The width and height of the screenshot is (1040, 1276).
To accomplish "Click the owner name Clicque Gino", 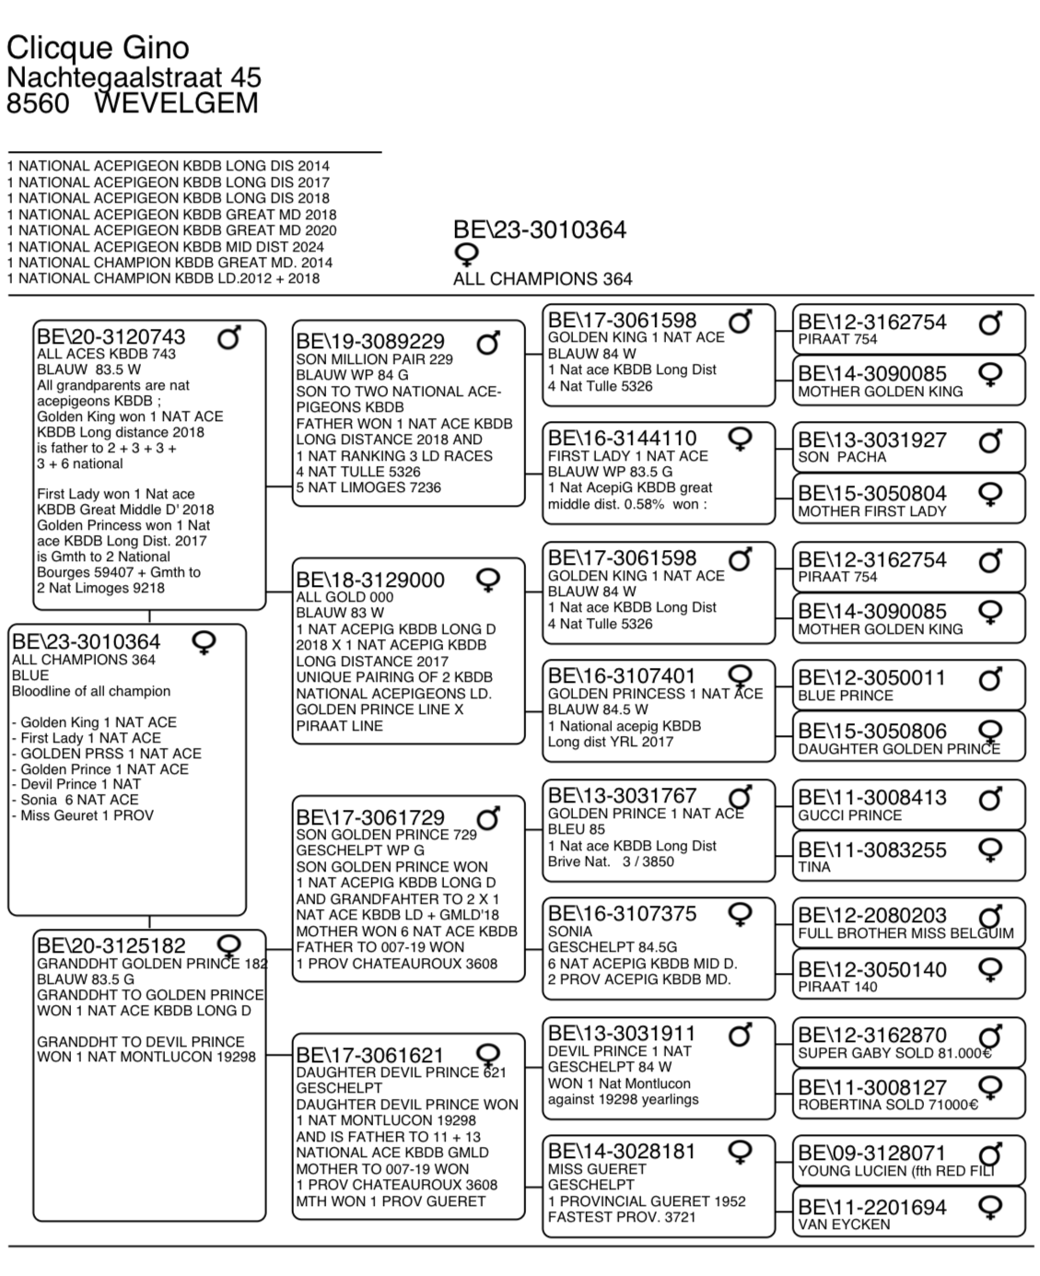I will pos(98,47).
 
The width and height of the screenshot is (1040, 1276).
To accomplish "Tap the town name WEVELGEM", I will pos(176,102).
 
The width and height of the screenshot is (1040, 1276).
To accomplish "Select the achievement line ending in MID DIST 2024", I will pos(166,246).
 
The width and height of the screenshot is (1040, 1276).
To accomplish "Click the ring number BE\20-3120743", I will pos(111,336).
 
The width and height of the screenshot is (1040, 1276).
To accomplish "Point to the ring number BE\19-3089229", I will pos(370,342).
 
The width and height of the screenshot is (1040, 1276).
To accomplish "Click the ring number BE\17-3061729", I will pos(370,817).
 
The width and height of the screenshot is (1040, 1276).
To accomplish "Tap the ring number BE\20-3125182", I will pos(111,945).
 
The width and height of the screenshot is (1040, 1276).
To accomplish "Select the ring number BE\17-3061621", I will pos(370,1055).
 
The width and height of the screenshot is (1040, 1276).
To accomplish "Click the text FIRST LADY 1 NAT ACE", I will pos(628,456).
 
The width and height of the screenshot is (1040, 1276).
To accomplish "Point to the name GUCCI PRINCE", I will pos(849,815).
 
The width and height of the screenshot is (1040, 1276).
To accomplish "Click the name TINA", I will pos(814,867).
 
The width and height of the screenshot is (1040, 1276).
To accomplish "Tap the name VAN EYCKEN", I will pos(844,1224).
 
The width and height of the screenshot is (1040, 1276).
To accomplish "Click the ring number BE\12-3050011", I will pos(872,678).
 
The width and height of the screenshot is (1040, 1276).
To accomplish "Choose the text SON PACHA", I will pos(842,457).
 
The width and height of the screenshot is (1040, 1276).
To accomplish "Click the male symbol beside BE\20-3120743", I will pos(228,338).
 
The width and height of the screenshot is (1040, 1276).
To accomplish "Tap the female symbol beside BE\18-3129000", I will pos(487,579).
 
